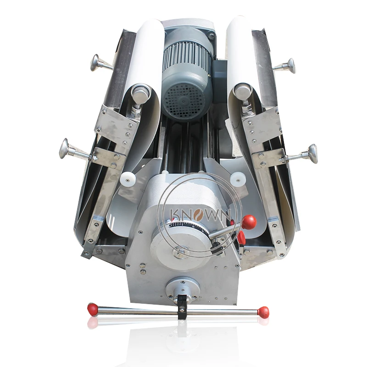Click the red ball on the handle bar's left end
92,308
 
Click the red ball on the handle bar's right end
263,311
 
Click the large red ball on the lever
249,222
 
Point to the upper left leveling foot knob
95,62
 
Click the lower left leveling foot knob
64,148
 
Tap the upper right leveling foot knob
291,66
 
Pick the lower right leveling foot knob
312,154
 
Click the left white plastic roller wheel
127,179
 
